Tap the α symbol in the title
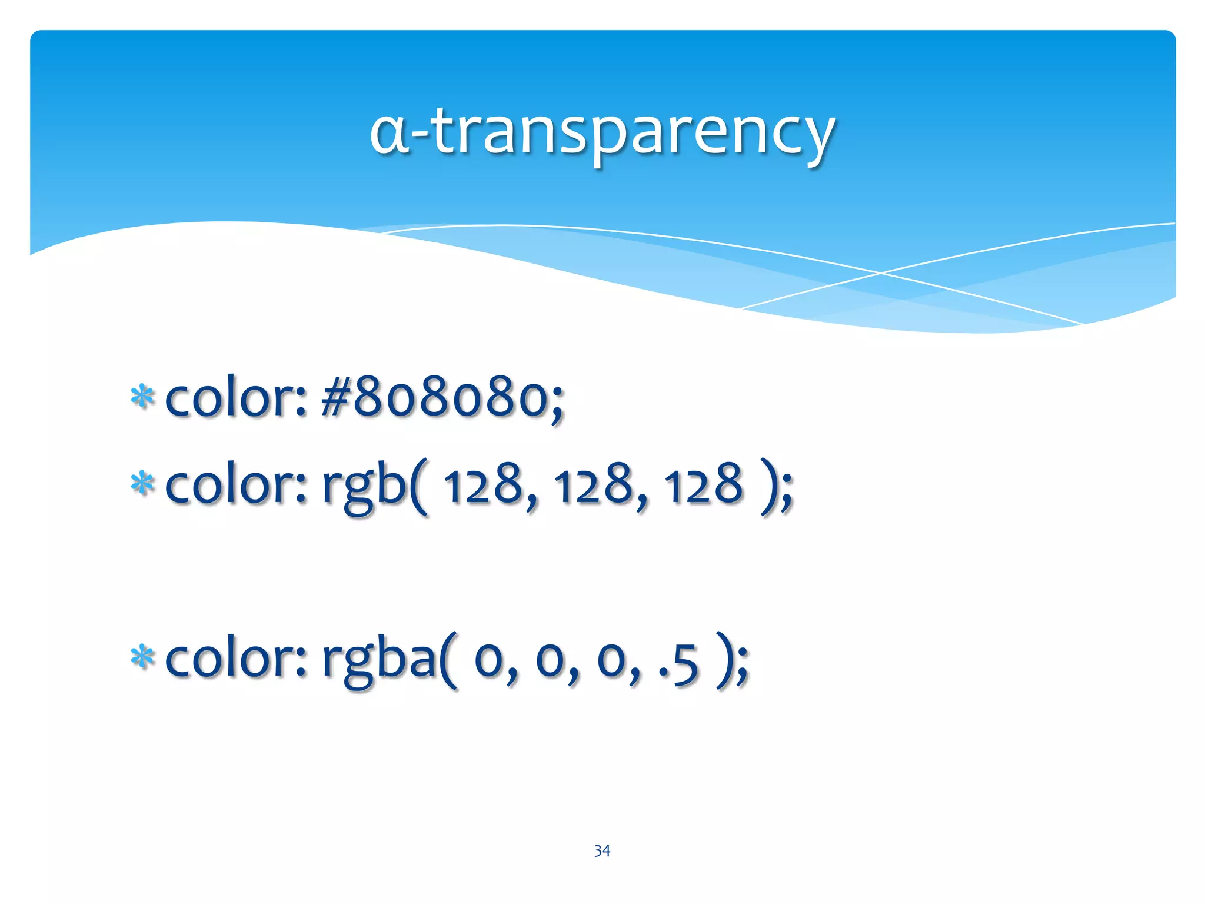point(389,134)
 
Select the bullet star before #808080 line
point(142,398)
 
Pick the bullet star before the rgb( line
point(142,484)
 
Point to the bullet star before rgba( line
point(142,657)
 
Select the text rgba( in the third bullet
point(388,659)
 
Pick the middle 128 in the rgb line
point(594,484)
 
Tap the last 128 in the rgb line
point(704,484)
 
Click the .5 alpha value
point(679,662)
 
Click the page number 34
point(602,850)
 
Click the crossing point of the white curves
point(881,273)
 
